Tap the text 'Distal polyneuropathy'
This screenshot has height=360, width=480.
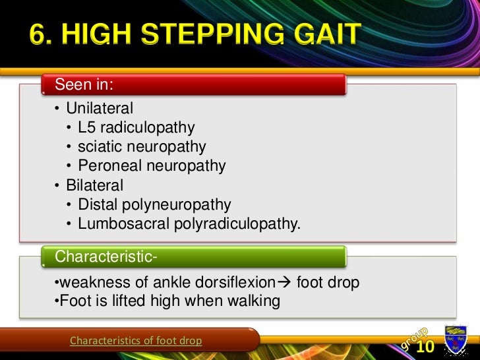[x=154, y=205]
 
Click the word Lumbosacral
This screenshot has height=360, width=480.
[x=123, y=224]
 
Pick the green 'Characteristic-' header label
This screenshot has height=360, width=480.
[x=106, y=255]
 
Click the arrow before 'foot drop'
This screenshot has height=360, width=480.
[x=284, y=283]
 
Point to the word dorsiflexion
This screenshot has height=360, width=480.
[x=233, y=283]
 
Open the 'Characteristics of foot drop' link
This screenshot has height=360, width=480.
[x=136, y=341]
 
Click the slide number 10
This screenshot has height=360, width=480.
[x=425, y=346]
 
